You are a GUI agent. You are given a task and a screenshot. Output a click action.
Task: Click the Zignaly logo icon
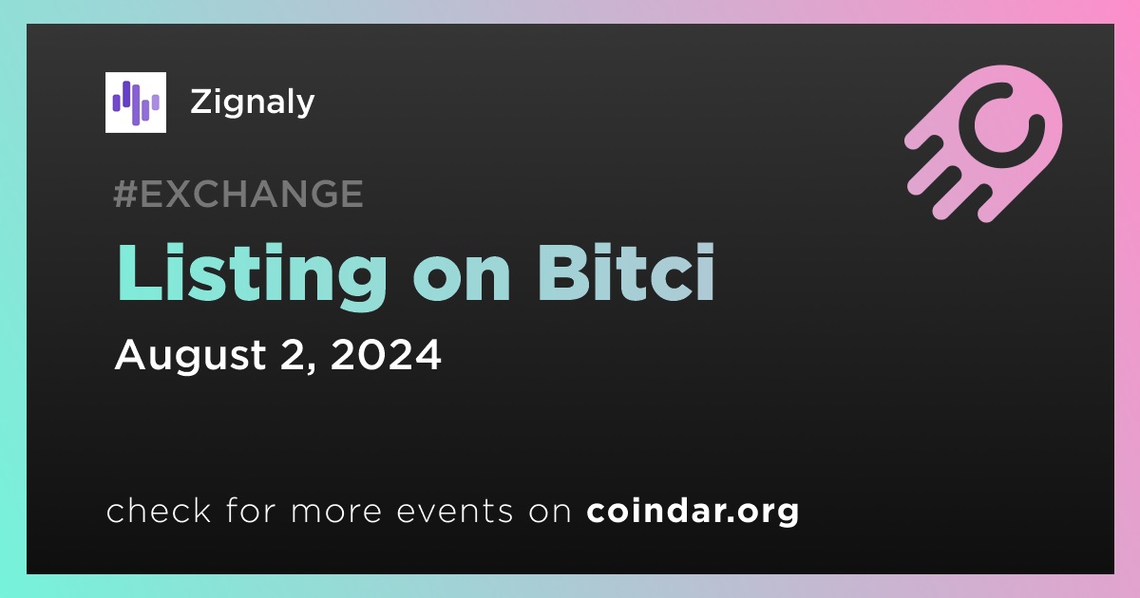(x=135, y=103)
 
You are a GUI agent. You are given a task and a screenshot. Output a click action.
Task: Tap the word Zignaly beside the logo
(x=253, y=103)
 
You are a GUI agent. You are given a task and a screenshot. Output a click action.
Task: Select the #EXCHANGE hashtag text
(x=238, y=194)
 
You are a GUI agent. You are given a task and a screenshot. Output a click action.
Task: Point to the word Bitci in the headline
(x=626, y=272)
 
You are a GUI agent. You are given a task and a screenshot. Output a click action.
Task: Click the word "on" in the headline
(x=462, y=281)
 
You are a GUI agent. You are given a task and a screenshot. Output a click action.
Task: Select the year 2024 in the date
(x=386, y=354)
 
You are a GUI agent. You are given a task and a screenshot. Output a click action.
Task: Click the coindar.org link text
(x=693, y=512)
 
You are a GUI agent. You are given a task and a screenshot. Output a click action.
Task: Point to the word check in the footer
(x=159, y=510)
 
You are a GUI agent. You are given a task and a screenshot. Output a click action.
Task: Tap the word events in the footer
(x=455, y=512)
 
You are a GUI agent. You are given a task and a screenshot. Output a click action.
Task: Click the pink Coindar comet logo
(x=983, y=143)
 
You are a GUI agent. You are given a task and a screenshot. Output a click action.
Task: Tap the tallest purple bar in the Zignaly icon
(x=136, y=104)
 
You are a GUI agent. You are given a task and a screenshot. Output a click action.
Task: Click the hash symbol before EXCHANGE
(x=125, y=194)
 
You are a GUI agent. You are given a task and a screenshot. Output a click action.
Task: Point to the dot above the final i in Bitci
(x=705, y=251)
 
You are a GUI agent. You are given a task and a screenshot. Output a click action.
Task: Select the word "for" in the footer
(x=251, y=510)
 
